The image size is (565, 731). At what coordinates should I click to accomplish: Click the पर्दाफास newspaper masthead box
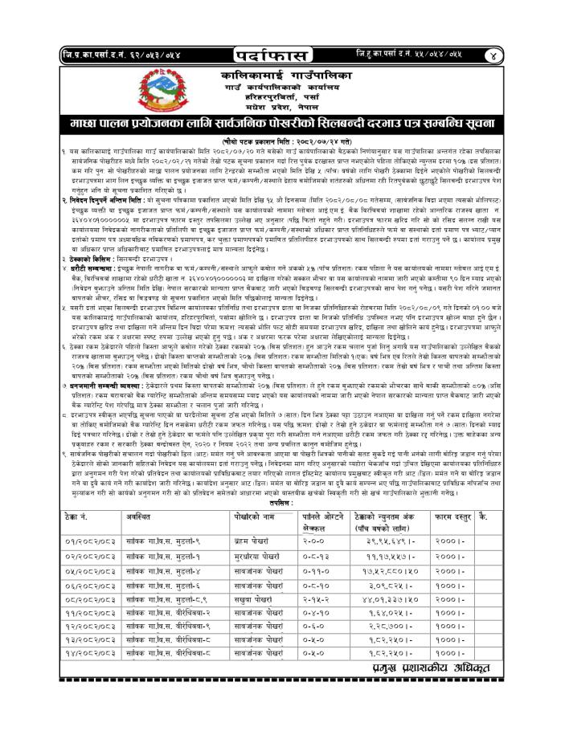(281, 59)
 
